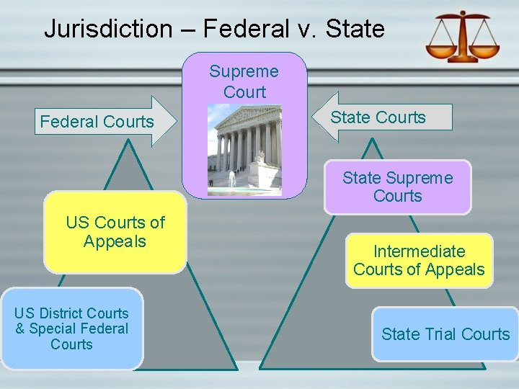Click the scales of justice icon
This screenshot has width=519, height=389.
coord(461,36)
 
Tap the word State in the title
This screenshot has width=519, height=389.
coord(355,29)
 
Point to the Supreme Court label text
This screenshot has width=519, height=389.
coord(244,81)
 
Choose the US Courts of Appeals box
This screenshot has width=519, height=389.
coord(115,232)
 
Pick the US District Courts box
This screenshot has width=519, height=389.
coord(71,328)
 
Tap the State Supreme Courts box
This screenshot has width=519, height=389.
coord(397,187)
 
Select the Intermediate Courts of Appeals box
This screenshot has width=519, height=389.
coord(419,260)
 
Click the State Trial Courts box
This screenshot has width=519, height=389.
coord(445,334)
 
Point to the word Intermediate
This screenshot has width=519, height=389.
coord(419,251)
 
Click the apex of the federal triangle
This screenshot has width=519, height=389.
coord(128,140)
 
